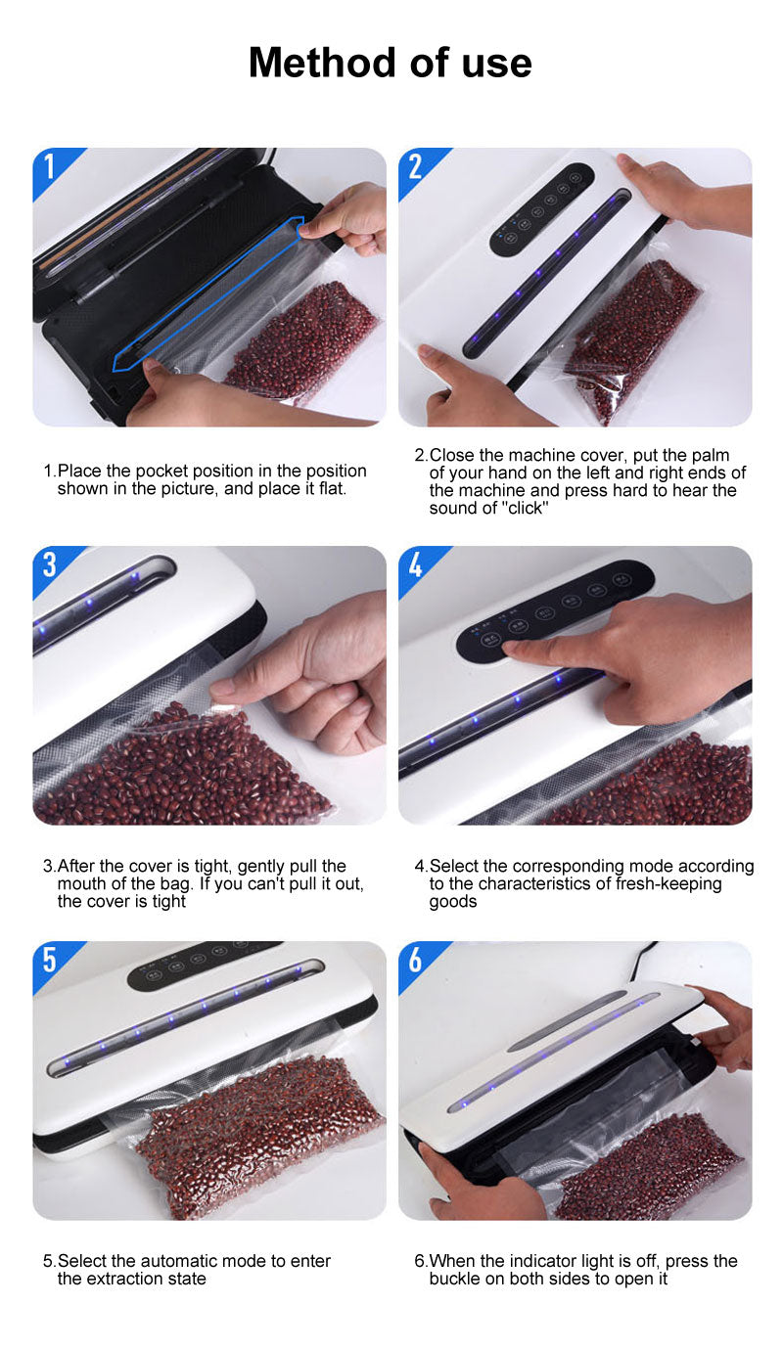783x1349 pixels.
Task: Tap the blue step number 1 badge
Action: click(51, 168)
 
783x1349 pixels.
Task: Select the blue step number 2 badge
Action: click(417, 168)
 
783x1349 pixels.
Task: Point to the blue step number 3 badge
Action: click(51, 566)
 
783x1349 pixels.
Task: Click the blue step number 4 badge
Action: click(417, 566)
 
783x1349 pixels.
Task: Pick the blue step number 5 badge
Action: click(51, 962)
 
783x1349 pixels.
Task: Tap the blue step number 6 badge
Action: click(417, 962)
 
